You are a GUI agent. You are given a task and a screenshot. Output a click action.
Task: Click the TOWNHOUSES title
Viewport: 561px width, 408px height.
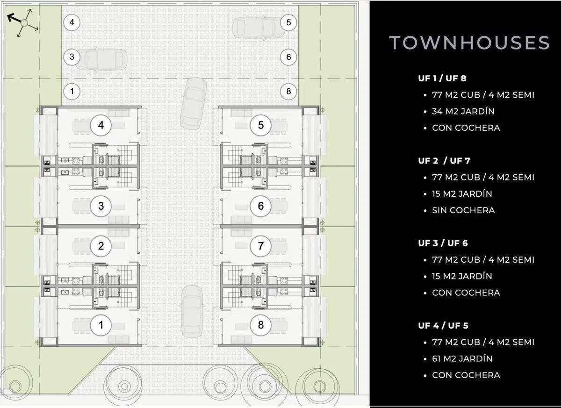pos(469,43)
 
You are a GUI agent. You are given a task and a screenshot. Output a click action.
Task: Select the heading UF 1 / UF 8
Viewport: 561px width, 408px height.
pos(442,79)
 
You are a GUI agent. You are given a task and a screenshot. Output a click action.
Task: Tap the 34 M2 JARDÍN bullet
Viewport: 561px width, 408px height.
pos(463,111)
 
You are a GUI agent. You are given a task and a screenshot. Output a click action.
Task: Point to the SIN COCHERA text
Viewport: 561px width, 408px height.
pos(463,210)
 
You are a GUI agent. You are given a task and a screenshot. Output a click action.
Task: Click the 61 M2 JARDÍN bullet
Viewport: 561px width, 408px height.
pos(462,358)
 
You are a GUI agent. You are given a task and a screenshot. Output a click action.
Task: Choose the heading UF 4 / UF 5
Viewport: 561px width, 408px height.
pos(443,326)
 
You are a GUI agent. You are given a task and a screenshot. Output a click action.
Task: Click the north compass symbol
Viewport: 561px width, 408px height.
pos(23,23)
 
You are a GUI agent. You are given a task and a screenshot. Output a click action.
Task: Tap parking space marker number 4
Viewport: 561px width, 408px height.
pos(72,22)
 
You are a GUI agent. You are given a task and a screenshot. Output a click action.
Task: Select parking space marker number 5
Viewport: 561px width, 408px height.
pos(288,22)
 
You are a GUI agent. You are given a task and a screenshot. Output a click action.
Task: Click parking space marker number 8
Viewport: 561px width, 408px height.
pos(288,91)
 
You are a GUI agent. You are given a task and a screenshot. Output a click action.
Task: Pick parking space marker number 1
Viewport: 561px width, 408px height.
pos(72,91)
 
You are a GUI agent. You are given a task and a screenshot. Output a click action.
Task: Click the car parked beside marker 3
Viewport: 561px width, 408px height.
pos(101,59)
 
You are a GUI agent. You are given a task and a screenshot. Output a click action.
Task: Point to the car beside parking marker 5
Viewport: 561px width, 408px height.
pos(259,27)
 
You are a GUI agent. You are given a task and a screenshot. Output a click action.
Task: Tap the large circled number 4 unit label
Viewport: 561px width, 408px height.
pos(101,125)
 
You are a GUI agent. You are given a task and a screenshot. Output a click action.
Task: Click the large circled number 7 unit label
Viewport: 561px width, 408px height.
pos(261,246)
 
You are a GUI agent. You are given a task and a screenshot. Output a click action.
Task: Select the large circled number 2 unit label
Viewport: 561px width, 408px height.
pos(101,246)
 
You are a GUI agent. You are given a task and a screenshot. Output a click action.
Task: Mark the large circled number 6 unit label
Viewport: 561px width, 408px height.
pos(261,206)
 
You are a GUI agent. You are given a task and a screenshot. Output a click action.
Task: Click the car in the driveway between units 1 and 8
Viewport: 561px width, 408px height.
pos(192,312)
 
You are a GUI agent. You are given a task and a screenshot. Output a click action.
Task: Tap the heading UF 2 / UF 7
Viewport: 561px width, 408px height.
pos(444,161)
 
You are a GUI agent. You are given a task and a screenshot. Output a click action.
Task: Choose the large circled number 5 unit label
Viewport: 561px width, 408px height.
pos(261,125)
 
